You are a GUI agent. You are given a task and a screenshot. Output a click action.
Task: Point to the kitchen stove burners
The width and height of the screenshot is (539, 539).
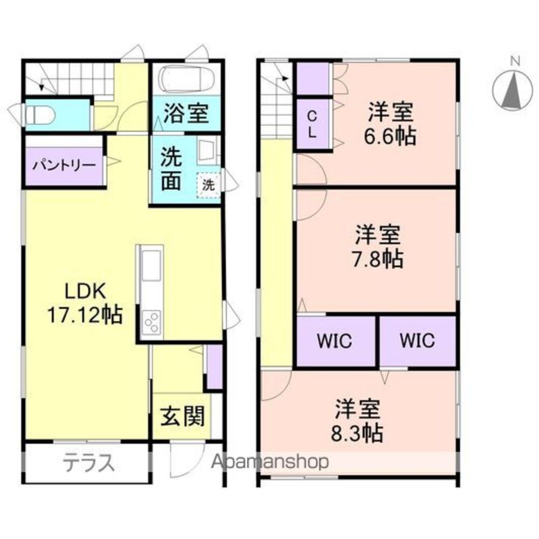[x=151, y=322]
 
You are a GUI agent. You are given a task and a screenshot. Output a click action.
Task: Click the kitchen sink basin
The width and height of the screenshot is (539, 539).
[x=151, y=265]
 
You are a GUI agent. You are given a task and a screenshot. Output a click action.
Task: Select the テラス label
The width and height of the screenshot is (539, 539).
[x=89, y=462]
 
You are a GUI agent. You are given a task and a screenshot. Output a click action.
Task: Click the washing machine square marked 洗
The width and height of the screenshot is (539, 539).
[x=208, y=185]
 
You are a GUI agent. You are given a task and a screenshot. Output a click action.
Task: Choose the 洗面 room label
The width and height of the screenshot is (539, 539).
[x=171, y=169]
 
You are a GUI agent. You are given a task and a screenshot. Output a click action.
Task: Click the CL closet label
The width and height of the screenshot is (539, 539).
[x=312, y=125]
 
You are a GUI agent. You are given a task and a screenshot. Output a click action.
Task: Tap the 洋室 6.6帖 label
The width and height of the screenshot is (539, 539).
[x=390, y=123]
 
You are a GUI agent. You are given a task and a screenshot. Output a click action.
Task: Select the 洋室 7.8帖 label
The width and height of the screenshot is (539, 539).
[x=377, y=246]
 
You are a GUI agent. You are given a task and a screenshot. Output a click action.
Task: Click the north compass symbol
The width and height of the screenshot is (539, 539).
[x=513, y=91]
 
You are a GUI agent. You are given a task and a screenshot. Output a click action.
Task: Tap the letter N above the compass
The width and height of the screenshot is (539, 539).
[x=515, y=61]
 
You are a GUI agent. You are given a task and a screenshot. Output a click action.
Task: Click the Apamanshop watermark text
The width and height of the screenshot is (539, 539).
[x=270, y=462]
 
